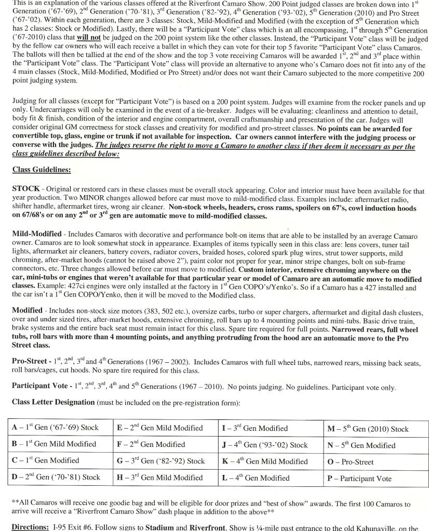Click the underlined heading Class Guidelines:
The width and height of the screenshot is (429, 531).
click(42, 170)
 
